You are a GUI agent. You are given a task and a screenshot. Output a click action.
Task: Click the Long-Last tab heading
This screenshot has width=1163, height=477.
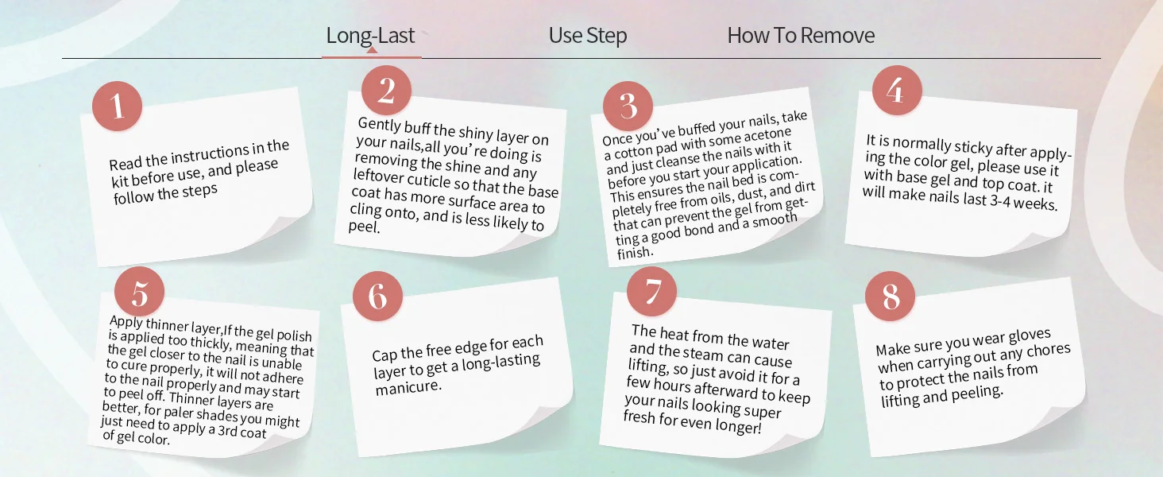(x=370, y=35)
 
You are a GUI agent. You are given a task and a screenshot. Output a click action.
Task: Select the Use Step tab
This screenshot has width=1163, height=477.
(x=588, y=35)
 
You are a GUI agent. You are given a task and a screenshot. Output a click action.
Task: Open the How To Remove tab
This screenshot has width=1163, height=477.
(x=801, y=35)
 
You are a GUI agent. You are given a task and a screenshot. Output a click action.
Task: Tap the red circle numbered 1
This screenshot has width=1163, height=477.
(x=118, y=106)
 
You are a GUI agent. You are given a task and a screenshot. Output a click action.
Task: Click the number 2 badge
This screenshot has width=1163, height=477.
(x=386, y=91)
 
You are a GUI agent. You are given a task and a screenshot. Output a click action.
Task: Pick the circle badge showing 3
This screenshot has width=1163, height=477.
(x=628, y=106)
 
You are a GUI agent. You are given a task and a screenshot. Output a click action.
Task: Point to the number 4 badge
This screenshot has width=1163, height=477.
(x=897, y=91)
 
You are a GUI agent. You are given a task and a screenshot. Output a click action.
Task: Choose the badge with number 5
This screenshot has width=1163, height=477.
(x=140, y=292)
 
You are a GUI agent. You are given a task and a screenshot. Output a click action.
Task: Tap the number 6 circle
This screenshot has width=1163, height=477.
(x=377, y=297)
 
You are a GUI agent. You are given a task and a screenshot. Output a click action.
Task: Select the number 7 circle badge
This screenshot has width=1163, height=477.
(x=651, y=292)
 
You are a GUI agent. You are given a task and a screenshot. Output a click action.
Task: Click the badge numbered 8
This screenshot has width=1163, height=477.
(x=890, y=297)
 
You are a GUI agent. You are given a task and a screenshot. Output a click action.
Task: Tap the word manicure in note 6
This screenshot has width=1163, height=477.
(x=408, y=387)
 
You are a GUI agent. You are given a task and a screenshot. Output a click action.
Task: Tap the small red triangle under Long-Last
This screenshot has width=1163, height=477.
(x=371, y=50)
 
